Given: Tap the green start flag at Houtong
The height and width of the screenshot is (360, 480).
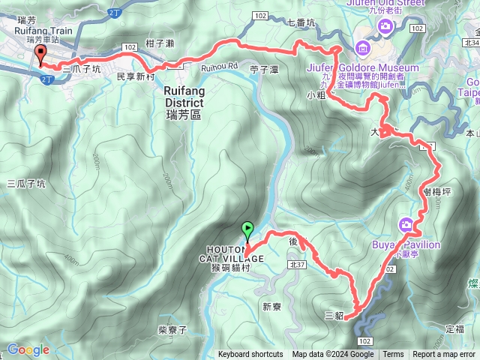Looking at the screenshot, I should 248,229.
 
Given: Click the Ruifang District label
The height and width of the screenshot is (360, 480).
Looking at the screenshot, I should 182,95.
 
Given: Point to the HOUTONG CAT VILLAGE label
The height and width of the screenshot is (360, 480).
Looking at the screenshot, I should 231,254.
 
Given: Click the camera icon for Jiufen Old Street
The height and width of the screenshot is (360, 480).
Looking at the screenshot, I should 385,28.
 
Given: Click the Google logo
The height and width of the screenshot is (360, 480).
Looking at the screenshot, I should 28,349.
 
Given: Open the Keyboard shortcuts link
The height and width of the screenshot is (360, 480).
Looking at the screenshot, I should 250,355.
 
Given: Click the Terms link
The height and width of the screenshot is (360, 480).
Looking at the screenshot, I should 393,355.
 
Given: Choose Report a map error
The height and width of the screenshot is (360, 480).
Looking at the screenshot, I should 443,355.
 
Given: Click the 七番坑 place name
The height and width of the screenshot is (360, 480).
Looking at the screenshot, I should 301,23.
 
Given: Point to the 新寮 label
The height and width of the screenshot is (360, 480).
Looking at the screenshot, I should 271,306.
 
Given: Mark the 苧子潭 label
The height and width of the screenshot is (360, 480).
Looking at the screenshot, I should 264,69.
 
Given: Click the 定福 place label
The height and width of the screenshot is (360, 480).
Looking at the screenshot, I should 455,329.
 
